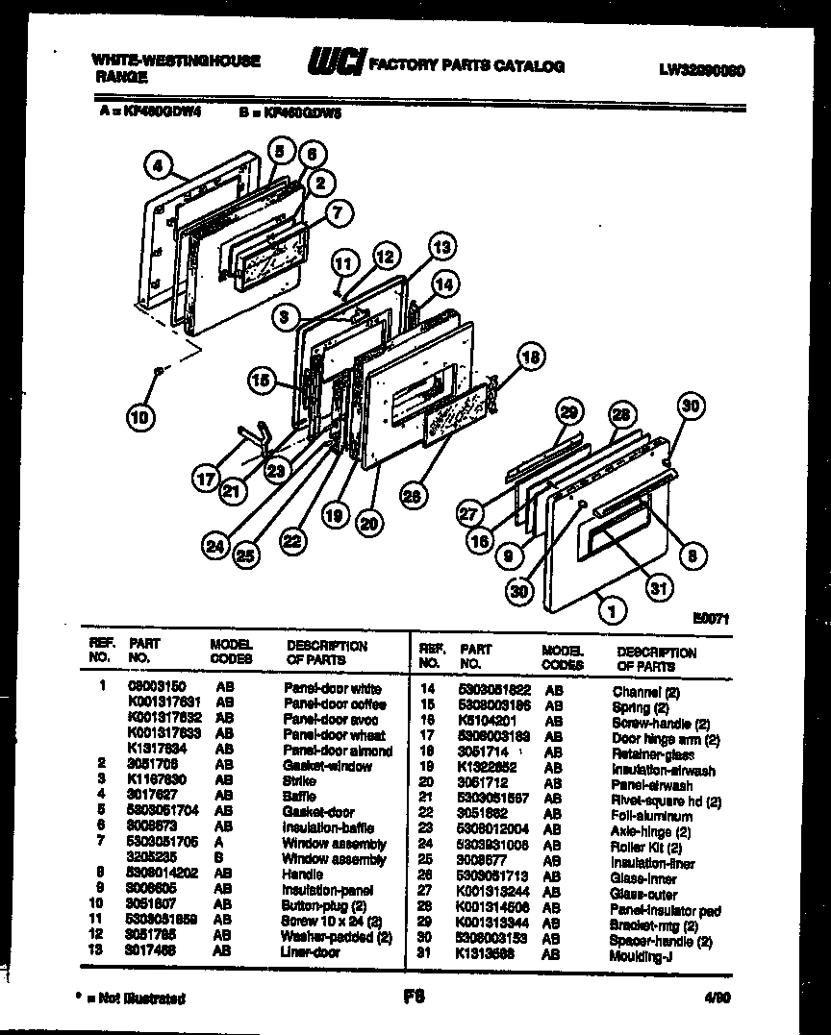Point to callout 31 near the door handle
coord(659,587)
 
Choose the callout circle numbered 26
coord(413,496)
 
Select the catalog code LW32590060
coord(702,69)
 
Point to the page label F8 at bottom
coord(415,998)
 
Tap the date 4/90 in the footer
coord(718,998)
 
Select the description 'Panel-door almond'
coord(338,751)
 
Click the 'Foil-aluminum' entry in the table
coord(652,816)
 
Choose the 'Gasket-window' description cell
coord(327,766)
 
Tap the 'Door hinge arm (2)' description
coord(666,739)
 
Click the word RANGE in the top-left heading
coord(121,76)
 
